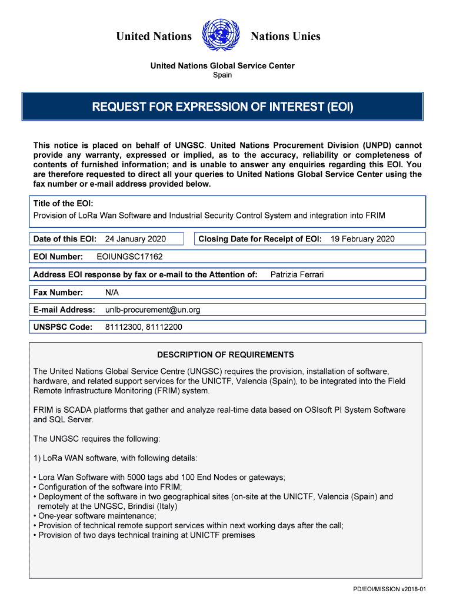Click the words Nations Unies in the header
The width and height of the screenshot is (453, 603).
(285, 37)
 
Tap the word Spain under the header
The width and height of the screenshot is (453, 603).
(222, 75)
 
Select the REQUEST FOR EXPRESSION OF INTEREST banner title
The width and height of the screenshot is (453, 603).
(222, 107)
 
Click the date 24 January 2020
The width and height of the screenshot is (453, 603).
(135, 239)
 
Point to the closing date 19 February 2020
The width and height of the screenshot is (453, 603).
(362, 239)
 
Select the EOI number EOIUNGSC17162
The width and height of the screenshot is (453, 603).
(129, 257)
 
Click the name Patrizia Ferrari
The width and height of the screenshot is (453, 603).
(297, 274)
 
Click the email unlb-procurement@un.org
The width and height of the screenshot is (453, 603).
(153, 310)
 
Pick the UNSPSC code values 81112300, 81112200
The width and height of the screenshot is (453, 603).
(144, 327)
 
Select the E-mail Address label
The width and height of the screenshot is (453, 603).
(64, 310)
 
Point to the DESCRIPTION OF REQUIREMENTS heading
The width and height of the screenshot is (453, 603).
(225, 355)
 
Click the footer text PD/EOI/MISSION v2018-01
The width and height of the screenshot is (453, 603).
(389, 589)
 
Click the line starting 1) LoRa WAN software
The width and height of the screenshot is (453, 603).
(115, 458)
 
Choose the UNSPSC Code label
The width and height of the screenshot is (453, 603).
(63, 327)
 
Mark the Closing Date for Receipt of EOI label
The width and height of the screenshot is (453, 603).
(260, 239)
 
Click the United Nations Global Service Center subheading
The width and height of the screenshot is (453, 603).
(222, 66)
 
